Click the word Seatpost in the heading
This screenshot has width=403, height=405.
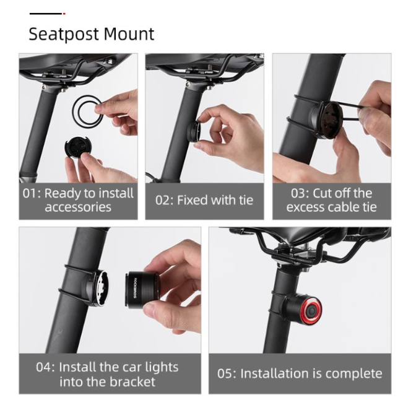pyautogui.click(x=64, y=34)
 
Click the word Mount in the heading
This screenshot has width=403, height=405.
pyautogui.click(x=129, y=33)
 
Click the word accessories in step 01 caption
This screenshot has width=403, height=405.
pyautogui.click(x=78, y=207)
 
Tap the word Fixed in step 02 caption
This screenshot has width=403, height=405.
pyautogui.click(x=192, y=200)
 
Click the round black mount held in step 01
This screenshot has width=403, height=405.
pyautogui.click(x=76, y=149)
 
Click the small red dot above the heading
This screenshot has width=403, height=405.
pyautogui.click(x=64, y=14)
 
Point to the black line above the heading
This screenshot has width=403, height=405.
pyautogui.click(x=46, y=14)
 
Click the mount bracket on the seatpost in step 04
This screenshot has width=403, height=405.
pyautogui.click(x=96, y=287)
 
